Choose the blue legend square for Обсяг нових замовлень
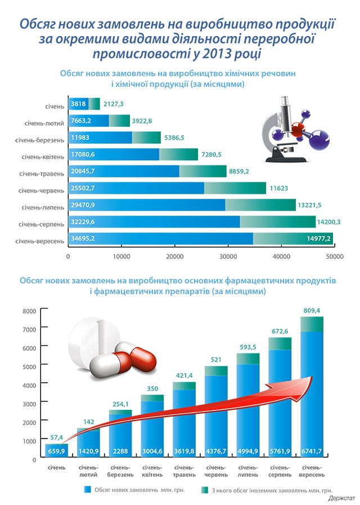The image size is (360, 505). [87, 489]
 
